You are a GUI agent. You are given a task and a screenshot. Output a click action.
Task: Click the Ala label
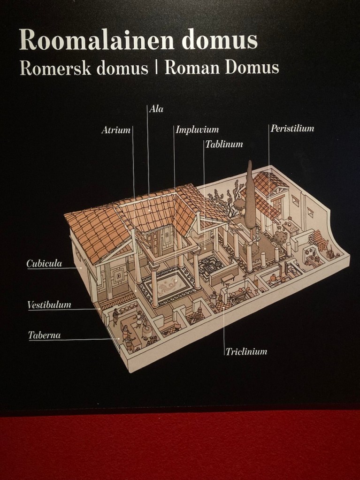156,109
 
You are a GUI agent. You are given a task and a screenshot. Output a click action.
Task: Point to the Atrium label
115,130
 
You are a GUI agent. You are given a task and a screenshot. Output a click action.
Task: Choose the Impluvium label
197,130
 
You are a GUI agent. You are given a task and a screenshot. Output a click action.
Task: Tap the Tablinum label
224,145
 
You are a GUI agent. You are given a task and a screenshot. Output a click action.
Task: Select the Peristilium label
292,128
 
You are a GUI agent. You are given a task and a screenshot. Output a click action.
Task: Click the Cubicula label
44,264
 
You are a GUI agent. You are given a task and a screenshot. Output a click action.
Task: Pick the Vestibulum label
49,305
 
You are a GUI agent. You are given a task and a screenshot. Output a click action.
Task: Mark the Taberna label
44,335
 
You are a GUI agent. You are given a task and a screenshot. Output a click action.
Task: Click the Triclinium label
246,351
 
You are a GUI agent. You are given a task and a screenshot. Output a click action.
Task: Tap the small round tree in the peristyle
281,237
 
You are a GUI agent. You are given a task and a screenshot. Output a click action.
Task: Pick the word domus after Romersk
122,69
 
